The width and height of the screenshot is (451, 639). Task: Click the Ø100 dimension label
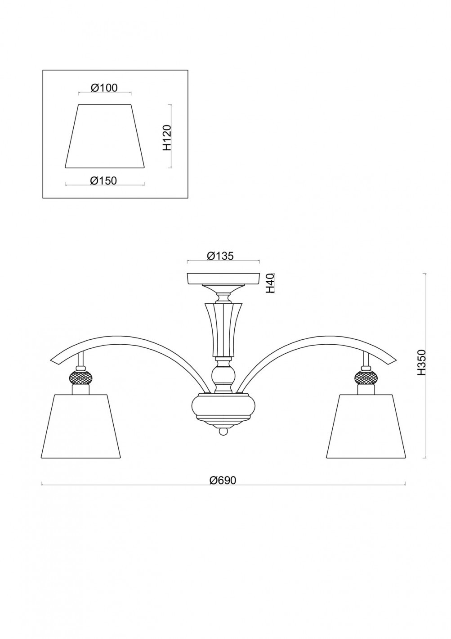104,88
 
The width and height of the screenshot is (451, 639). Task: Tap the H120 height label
167,138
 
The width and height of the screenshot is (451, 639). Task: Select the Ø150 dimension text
104,180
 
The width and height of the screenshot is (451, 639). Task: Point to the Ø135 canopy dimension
220,256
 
